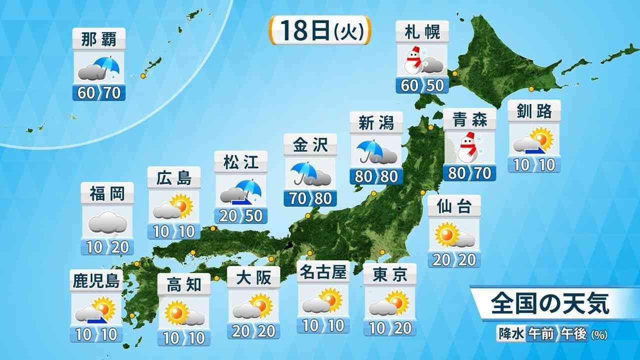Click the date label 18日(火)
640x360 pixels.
tap(320, 31)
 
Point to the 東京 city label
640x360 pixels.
tap(390, 275)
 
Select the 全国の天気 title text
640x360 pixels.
tap(549, 303)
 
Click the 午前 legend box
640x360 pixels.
tap(541, 333)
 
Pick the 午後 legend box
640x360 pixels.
tap(574, 333)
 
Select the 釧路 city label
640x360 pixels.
tap(534, 112)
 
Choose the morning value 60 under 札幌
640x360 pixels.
tap(409, 85)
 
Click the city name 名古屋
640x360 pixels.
tap(322, 273)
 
